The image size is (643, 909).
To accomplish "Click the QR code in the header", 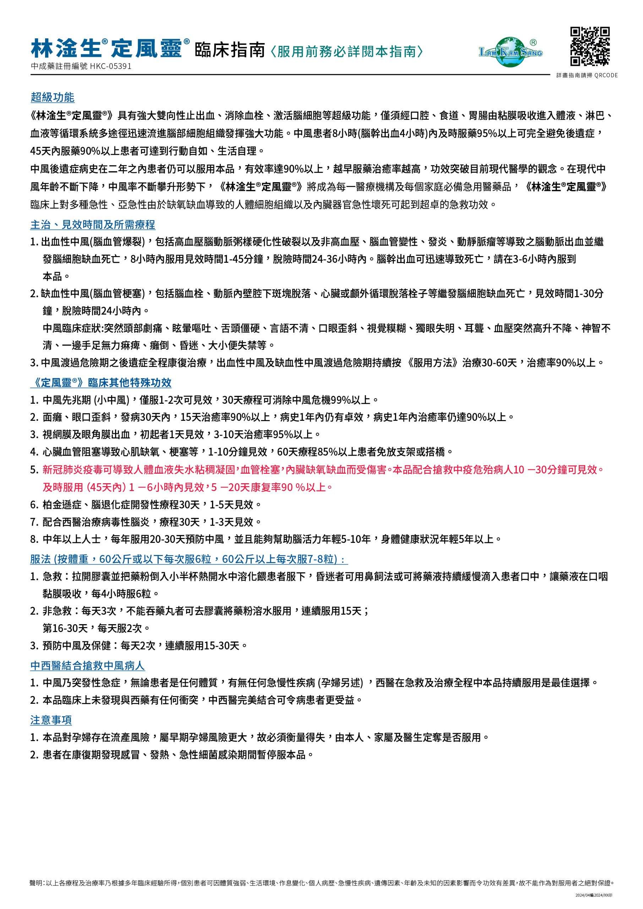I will coord(589,46).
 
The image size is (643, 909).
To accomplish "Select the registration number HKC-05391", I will coord(110,66).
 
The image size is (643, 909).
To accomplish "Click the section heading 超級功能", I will coord(53,97).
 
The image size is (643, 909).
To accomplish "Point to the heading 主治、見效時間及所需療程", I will coord(93,225).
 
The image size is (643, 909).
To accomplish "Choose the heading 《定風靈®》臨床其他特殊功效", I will coord(101,382).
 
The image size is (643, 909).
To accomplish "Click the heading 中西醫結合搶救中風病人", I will coord(87,665).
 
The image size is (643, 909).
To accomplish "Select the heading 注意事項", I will coord(51,720).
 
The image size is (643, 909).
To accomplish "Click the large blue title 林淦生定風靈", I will coord(107,49).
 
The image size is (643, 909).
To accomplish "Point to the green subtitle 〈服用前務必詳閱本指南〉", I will coord(347,51).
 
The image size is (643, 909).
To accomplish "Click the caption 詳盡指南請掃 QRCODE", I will coord(587,75).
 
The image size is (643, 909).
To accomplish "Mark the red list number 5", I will coord(34,469).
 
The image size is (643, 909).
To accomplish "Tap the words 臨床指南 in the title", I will coord(230,50).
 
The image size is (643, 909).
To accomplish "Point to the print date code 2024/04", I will coord(582,895).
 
